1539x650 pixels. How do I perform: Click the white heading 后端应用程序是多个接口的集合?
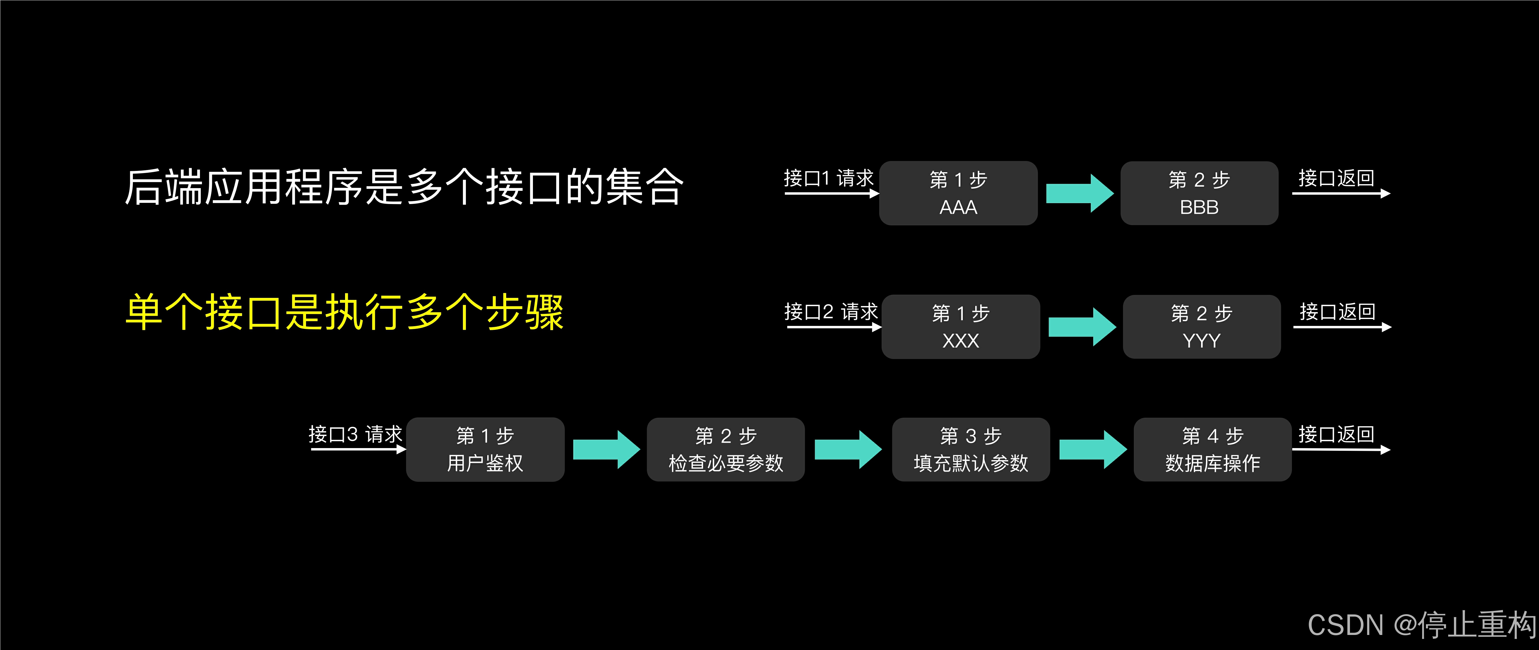[x=404, y=187]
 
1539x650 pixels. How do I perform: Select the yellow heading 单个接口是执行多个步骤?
[x=344, y=312]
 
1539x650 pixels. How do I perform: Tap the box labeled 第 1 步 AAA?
[x=958, y=193]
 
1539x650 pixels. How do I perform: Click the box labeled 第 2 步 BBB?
[x=1199, y=193]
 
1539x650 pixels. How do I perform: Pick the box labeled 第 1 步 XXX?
[x=961, y=327]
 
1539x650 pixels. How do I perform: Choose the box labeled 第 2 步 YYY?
[x=1201, y=327]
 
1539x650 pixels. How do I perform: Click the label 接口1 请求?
[x=828, y=178]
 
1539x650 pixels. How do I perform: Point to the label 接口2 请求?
[x=831, y=311]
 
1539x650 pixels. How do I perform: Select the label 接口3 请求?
[x=356, y=434]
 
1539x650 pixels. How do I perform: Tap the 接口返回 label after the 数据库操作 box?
[x=1336, y=434]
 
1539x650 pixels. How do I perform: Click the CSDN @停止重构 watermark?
[x=1421, y=625]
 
